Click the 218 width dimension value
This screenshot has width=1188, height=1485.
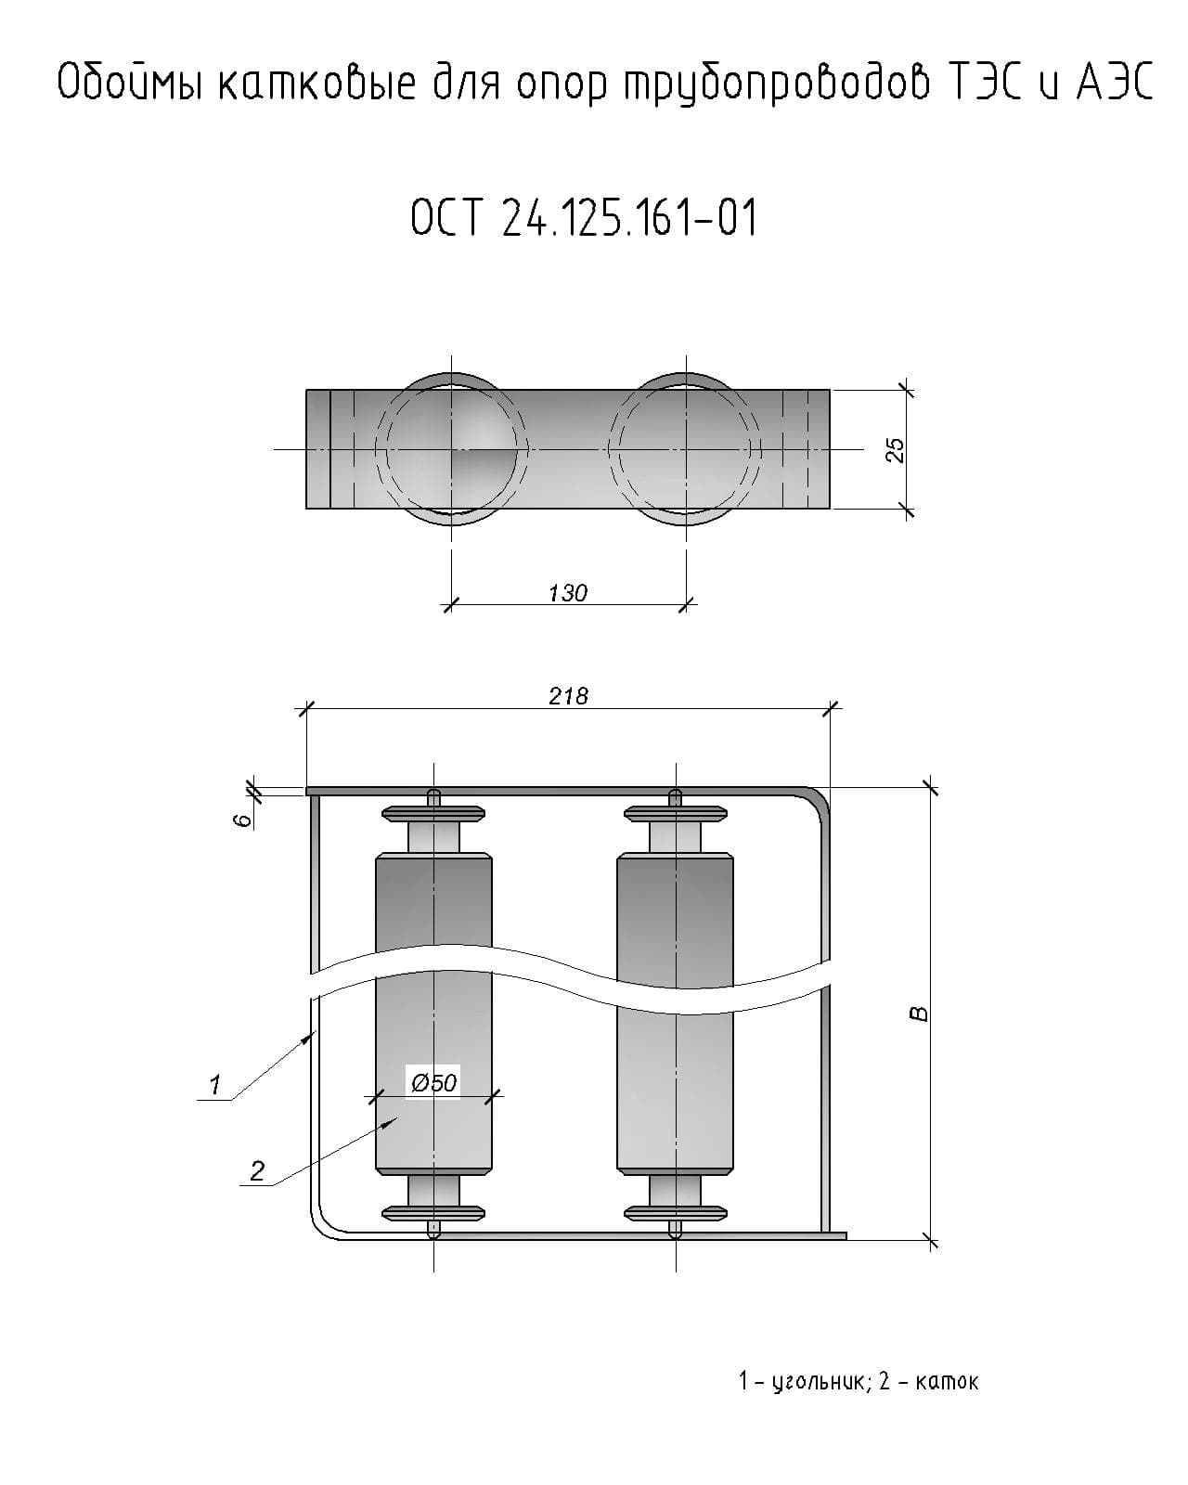(x=568, y=696)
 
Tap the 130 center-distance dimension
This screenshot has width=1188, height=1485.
(x=567, y=593)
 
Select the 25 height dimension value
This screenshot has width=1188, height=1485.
(x=894, y=450)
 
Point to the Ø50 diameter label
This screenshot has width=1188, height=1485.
(x=433, y=1082)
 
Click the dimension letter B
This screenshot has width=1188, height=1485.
(x=920, y=1014)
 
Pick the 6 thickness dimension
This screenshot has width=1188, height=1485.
(x=242, y=820)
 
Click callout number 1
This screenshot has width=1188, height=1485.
(x=214, y=1085)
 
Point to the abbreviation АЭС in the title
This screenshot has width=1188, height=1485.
(x=1114, y=82)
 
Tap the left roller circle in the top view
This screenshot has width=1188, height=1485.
(x=451, y=449)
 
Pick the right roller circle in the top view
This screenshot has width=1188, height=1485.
(x=686, y=449)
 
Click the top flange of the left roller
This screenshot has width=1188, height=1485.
(x=433, y=814)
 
